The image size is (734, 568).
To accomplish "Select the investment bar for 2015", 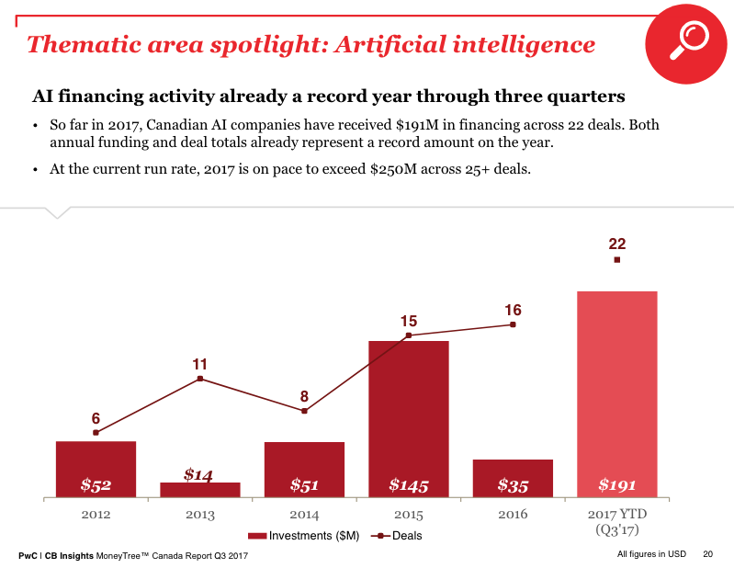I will pos(409,414).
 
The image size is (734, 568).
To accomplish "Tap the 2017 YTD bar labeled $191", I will pos(616,386).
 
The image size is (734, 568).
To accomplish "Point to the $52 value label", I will pos(96,484).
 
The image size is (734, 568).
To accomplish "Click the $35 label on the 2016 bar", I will pos(513,484).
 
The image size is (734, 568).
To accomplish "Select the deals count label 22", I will pos(616,244).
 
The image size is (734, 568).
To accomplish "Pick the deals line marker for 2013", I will pos(200,379).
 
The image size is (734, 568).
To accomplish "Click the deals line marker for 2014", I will pos(304,411).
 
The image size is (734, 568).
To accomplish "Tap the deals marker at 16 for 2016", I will pos(513,324).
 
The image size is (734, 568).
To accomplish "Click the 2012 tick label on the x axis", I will pos(96,515).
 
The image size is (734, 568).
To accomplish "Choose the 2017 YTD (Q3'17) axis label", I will pos(616,522).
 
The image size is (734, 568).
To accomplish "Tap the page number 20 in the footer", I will pos(707,554).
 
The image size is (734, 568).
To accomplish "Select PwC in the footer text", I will pos(28,556).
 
